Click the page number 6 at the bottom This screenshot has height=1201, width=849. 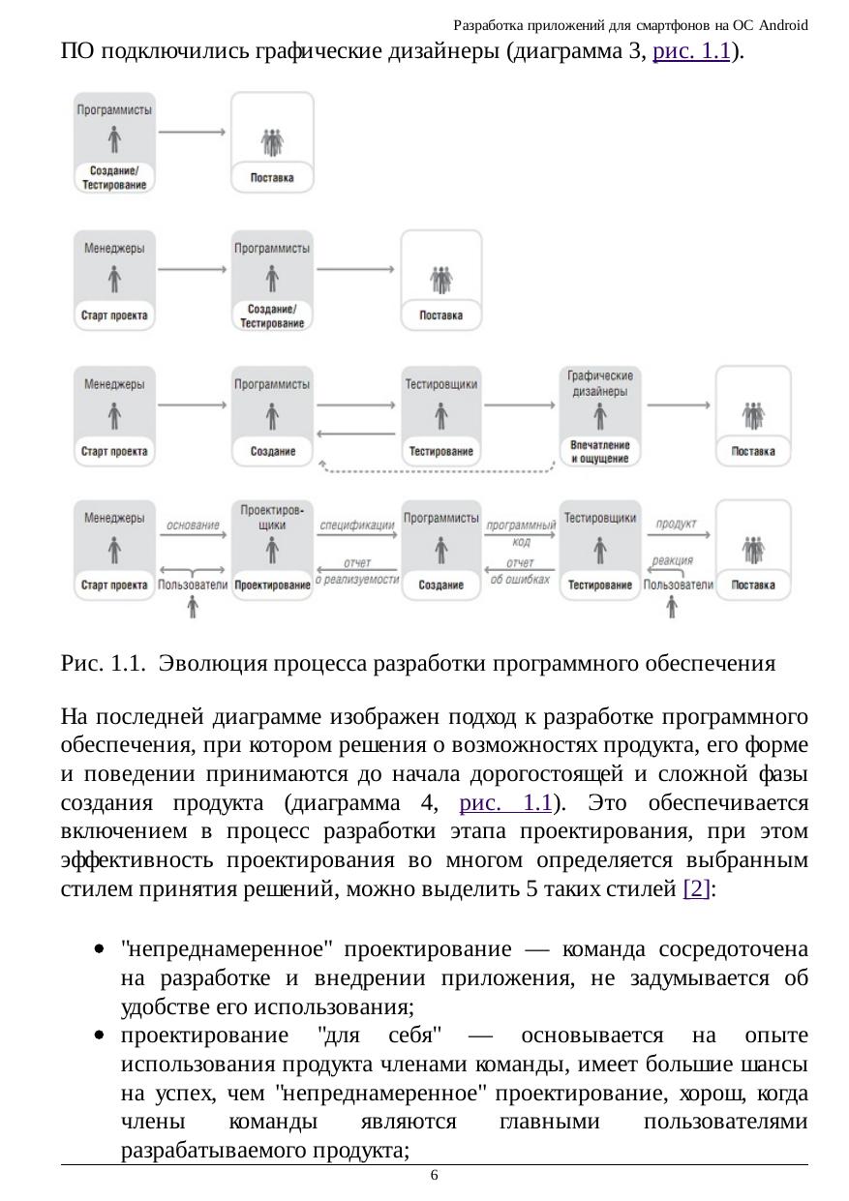[x=434, y=1175]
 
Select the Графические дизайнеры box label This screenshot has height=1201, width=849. [x=600, y=383]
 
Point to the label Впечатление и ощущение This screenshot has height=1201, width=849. [x=600, y=451]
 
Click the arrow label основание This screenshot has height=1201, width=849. [x=193, y=525]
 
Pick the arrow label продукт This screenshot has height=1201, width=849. [x=677, y=525]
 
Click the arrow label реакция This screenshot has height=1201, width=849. [x=673, y=560]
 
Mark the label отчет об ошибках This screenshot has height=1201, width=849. [x=520, y=571]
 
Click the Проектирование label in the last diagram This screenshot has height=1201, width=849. [x=272, y=585]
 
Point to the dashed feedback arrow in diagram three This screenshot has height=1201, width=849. [x=440, y=471]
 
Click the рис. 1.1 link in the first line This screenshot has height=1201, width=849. [x=691, y=52]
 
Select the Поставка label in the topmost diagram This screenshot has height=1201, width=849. [x=272, y=178]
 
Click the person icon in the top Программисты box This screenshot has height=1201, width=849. [x=114, y=141]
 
